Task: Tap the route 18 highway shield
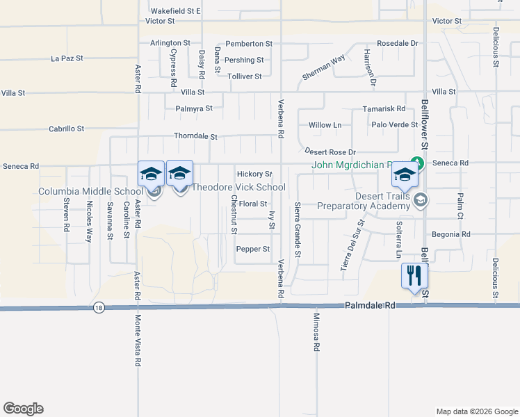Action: (98, 307)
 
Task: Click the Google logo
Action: (23, 409)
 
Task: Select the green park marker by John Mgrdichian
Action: (416, 164)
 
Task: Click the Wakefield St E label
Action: (175, 11)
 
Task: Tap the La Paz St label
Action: (67, 58)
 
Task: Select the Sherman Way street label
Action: (323, 68)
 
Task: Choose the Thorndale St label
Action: (195, 137)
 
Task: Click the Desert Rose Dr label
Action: (330, 152)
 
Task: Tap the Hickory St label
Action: (254, 174)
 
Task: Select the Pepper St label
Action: (252, 249)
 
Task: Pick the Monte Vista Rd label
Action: (138, 340)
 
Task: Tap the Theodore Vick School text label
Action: (238, 187)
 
